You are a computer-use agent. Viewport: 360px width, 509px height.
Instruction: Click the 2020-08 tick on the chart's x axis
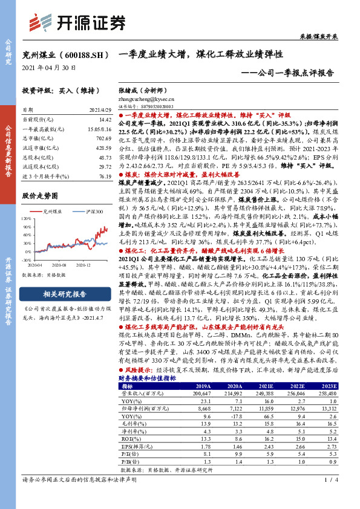pyautogui.click(x=59, y=264)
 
